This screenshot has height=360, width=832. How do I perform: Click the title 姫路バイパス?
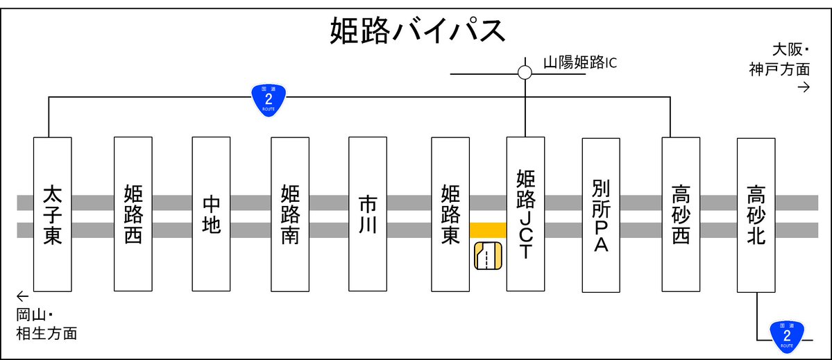click(416, 31)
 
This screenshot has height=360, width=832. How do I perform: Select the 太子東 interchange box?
click(53, 214)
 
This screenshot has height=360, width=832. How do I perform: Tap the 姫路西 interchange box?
click(133, 214)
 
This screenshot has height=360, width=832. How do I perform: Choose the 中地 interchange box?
click(211, 214)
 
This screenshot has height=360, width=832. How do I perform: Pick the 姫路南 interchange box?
click(289, 214)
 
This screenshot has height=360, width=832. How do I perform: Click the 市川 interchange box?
click(368, 214)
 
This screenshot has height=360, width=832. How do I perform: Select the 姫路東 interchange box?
click(450, 214)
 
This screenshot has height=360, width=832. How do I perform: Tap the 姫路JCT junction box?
click(525, 214)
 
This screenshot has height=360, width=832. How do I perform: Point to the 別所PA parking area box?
click(601, 214)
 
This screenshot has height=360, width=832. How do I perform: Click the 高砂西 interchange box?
click(681, 214)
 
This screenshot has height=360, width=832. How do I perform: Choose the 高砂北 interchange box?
click(756, 214)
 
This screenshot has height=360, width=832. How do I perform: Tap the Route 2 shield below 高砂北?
click(786, 335)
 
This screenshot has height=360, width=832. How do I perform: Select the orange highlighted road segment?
click(488, 230)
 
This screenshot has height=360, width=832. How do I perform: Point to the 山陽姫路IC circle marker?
click(525, 72)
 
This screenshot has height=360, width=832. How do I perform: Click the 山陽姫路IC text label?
click(579, 63)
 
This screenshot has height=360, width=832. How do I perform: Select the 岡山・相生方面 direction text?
click(46, 325)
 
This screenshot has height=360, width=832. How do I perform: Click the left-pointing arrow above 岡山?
click(23, 294)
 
